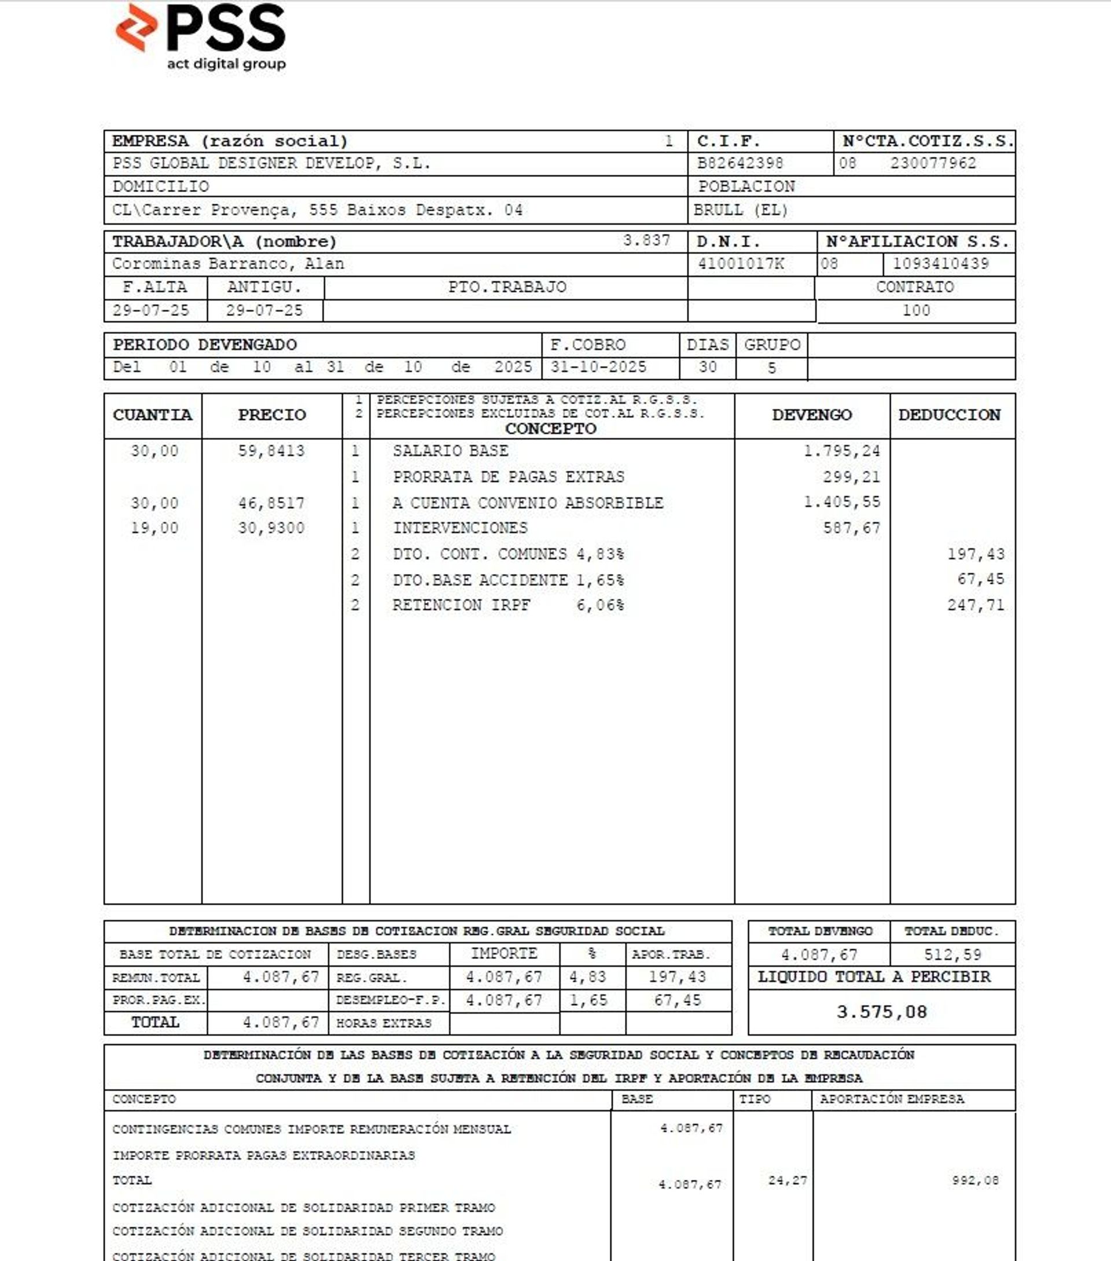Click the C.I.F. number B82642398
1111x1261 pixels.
click(740, 164)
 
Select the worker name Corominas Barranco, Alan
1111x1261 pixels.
click(227, 264)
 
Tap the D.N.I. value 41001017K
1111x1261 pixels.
click(740, 264)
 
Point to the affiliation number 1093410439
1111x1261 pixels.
click(941, 264)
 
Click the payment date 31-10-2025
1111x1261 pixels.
click(598, 367)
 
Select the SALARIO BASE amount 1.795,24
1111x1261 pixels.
click(841, 451)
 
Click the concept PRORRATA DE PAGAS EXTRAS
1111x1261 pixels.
click(508, 477)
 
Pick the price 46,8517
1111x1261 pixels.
click(271, 503)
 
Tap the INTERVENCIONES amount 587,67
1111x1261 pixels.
click(851, 528)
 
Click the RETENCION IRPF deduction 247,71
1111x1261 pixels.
click(976, 605)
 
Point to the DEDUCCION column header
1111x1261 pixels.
click(949, 415)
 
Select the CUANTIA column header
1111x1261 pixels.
click(152, 415)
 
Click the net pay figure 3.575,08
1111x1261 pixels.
click(881, 1012)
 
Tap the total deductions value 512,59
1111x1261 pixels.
click(952, 955)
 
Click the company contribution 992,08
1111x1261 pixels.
click(974, 1180)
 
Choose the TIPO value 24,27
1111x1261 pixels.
click(787, 1180)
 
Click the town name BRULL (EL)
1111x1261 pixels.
click(740, 211)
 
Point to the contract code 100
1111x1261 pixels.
click(916, 310)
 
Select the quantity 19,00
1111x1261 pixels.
click(154, 528)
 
